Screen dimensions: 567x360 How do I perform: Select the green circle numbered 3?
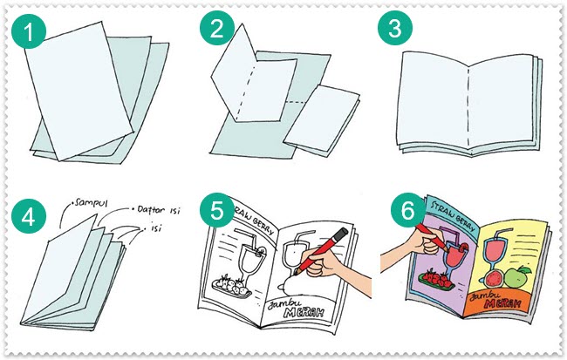[395, 31]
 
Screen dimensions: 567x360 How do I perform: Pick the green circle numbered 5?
[214, 212]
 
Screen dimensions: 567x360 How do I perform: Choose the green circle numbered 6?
[397, 212]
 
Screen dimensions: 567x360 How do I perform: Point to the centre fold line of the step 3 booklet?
[469, 108]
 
